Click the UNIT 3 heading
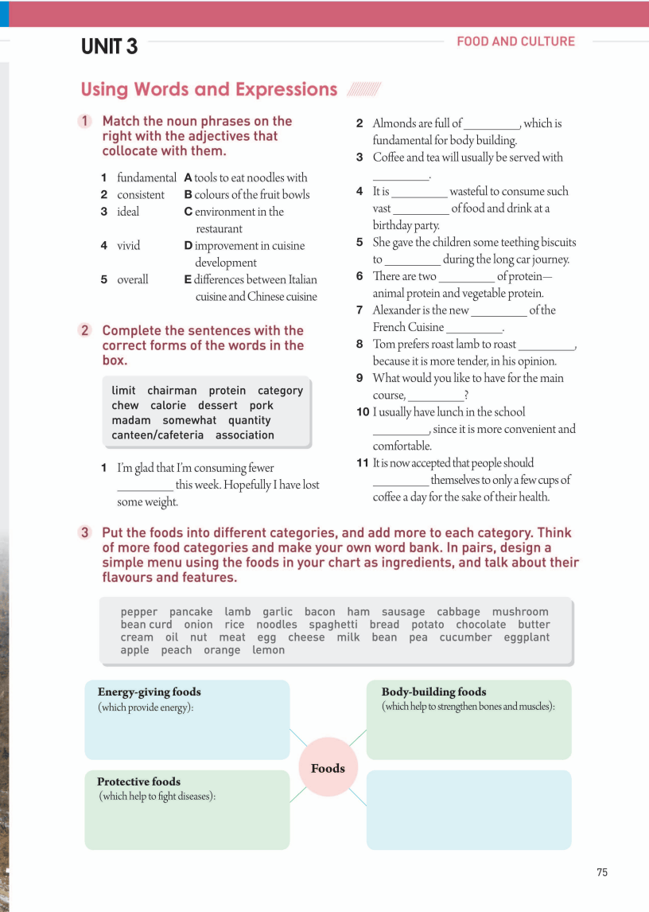point(109,47)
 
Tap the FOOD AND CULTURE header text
point(515,41)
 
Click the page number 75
point(602,872)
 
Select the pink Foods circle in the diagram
point(328,768)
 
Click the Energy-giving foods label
point(149,692)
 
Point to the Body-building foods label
point(433,692)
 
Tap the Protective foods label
point(138,781)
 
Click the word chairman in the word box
point(172,391)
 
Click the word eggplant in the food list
point(527,637)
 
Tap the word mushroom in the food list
point(520,612)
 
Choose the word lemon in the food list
point(269,650)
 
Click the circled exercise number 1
point(85,122)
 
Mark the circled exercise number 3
point(85,533)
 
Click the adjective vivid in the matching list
point(128,246)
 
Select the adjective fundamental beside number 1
point(146,177)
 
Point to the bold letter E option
point(188,279)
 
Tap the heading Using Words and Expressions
point(209,89)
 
